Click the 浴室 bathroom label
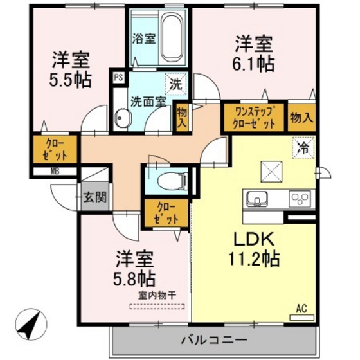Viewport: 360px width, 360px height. (143, 38)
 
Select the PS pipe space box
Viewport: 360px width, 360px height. (118, 78)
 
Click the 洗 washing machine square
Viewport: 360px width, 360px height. (174, 84)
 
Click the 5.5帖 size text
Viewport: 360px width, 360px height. (71, 80)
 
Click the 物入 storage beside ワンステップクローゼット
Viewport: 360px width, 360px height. (302, 118)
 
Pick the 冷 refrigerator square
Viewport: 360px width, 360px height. (302, 147)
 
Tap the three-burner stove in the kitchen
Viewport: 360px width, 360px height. (299, 197)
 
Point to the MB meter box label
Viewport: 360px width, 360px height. (55, 172)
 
